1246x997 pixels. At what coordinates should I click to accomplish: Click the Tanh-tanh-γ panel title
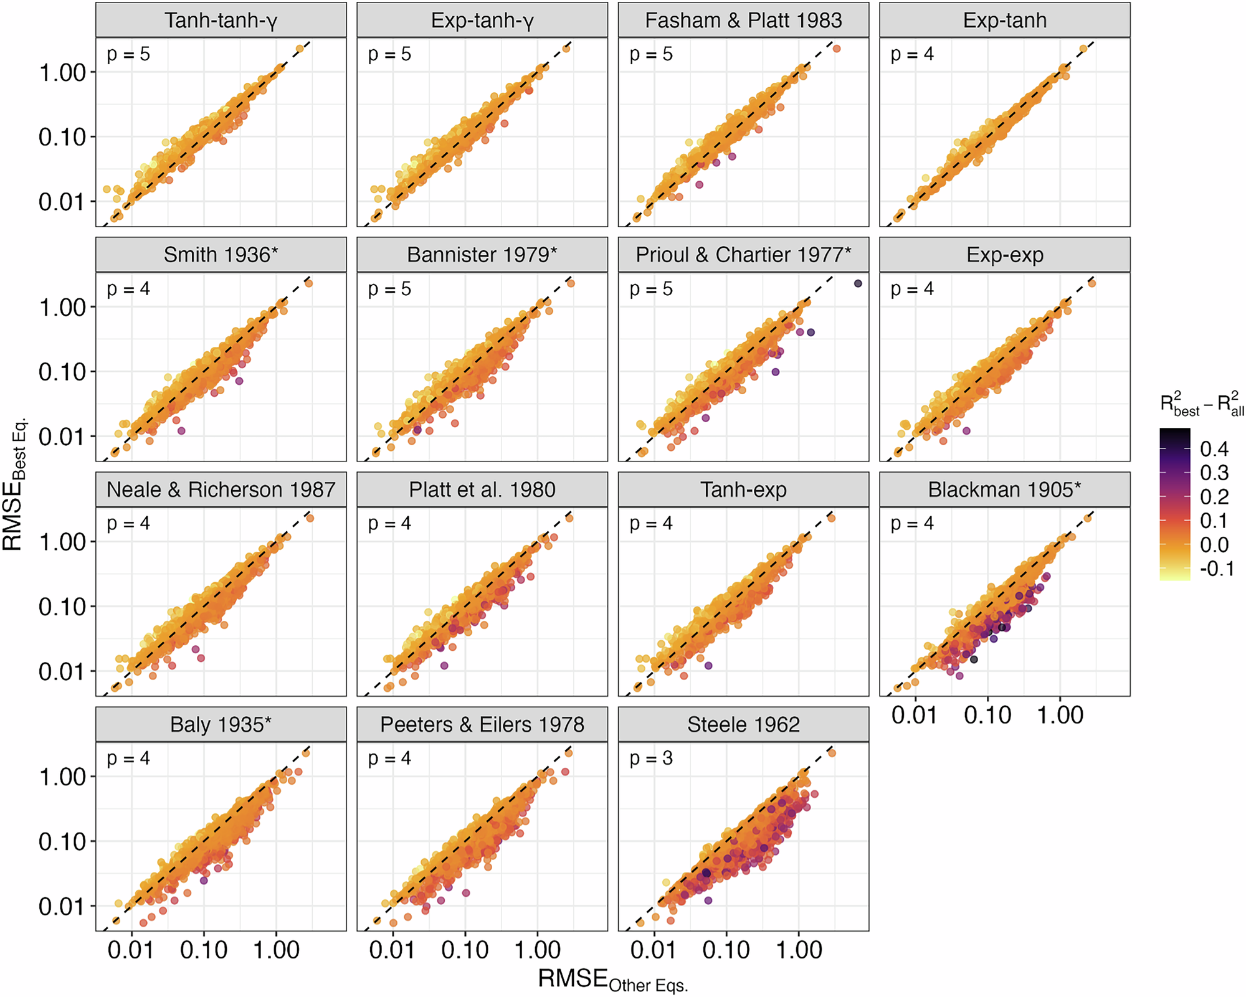click(221, 21)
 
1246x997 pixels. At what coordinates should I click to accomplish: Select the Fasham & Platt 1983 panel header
click(743, 21)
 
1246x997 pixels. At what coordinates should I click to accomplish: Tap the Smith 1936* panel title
click(221, 255)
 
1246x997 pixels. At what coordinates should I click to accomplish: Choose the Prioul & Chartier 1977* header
click(743, 255)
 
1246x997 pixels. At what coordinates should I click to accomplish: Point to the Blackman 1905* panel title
click(1004, 489)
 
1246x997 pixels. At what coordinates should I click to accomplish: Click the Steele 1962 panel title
click(743, 724)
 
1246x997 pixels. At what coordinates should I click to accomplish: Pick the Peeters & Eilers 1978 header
click(482, 724)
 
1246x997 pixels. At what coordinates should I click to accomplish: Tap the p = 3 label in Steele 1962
click(651, 758)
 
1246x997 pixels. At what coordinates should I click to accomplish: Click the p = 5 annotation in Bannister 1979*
click(389, 289)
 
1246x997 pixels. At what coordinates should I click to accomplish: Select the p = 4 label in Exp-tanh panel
click(912, 54)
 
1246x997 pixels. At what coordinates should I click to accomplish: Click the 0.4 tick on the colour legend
click(1214, 449)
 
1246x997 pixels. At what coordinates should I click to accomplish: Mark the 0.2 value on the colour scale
click(1214, 497)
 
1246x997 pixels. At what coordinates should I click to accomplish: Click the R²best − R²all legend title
click(1201, 405)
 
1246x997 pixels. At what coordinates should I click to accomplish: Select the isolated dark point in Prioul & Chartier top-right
click(858, 283)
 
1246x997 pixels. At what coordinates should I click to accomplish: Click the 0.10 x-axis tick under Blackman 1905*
click(987, 716)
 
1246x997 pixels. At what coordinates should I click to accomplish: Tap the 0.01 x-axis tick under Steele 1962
click(654, 950)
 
